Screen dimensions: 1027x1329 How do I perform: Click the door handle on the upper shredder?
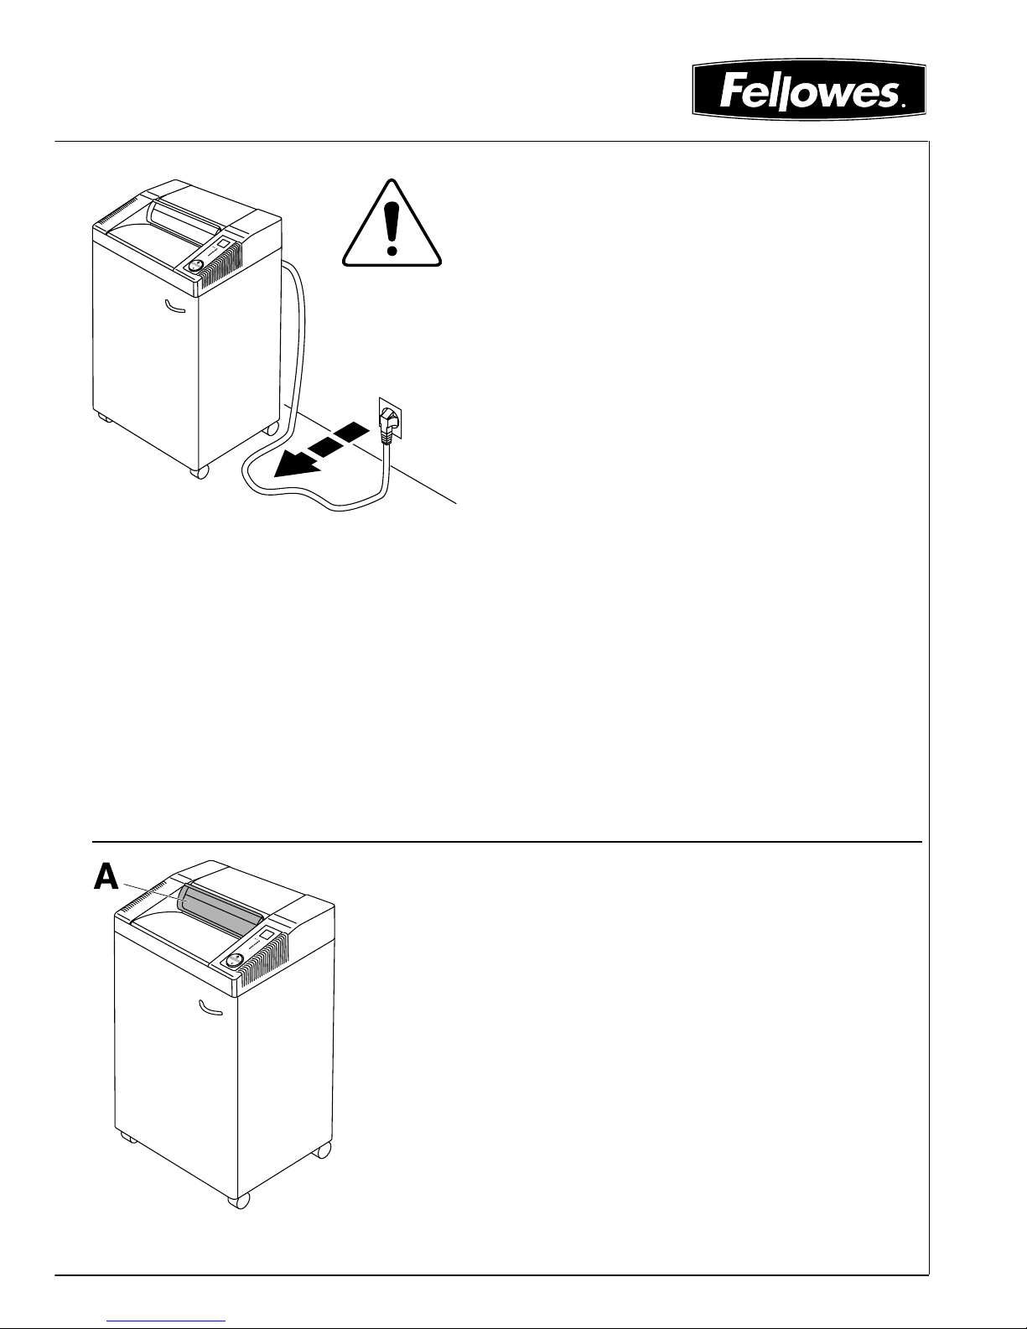point(176,307)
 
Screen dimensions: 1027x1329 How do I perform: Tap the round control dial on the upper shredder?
point(195,265)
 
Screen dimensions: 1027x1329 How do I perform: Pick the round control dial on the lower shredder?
point(236,961)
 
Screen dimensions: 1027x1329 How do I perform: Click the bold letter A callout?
point(106,877)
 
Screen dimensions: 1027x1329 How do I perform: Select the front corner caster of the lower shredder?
point(240,1201)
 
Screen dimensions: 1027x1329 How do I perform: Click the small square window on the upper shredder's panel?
point(224,243)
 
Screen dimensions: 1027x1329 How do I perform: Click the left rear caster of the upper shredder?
point(102,417)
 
